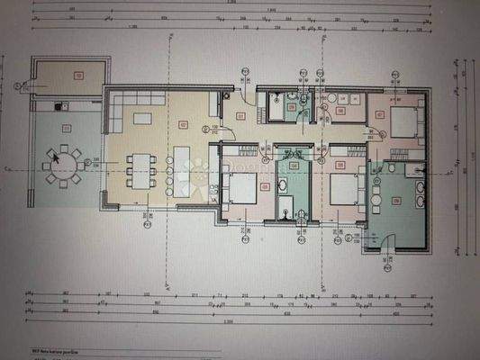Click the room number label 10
(x=78, y=76)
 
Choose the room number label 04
(x=294, y=166)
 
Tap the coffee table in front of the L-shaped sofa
(x=142, y=117)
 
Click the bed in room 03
(x=240, y=189)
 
